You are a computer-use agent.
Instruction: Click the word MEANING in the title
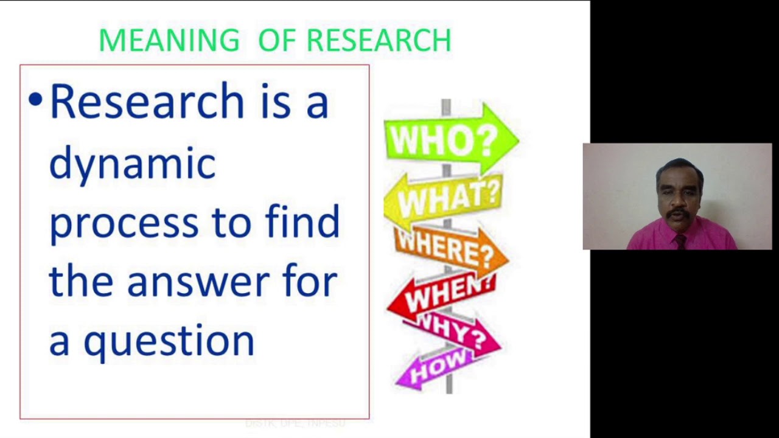click(x=169, y=41)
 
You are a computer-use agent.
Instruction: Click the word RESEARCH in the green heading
click(x=379, y=41)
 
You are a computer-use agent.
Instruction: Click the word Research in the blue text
click(x=147, y=102)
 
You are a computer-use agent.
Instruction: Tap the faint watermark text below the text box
click(x=295, y=423)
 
